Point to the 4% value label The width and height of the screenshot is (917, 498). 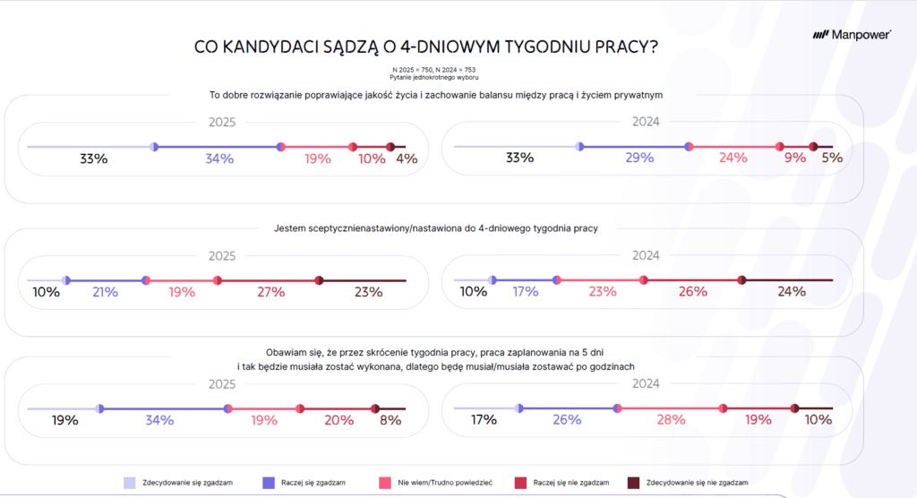(407, 159)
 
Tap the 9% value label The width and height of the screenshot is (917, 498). (795, 159)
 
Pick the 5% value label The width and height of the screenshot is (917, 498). (832, 159)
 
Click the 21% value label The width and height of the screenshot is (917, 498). (106, 292)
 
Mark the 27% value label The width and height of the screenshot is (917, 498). (270, 292)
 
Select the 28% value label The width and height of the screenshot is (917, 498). (671, 420)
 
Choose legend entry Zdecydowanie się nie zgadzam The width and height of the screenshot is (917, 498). (697, 483)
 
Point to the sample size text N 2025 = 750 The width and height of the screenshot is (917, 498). (413, 70)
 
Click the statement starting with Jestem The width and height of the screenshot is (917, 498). (435, 228)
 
